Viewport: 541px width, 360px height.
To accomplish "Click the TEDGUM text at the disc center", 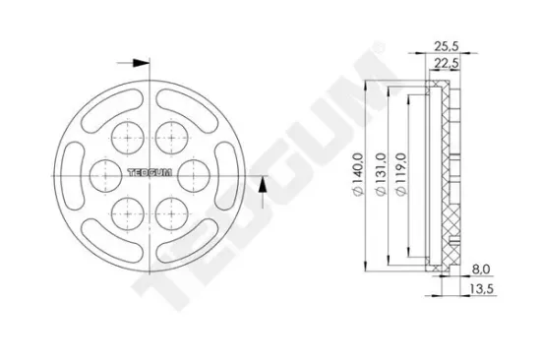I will pyautogui.click(x=149, y=173).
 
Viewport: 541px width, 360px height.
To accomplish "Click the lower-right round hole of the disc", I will pyautogui.click(x=171, y=211).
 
